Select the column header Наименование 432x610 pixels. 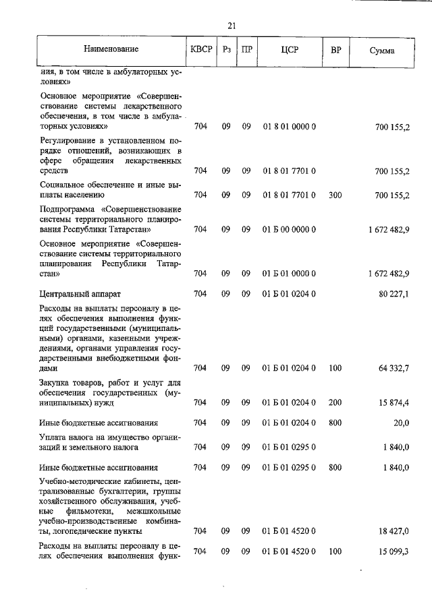point(111,50)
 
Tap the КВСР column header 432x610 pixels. point(201,50)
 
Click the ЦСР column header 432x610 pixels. point(290,50)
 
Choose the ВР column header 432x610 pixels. point(335,50)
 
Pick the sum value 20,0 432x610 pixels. point(401,423)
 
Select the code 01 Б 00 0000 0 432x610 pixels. point(290,229)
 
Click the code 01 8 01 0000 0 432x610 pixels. point(290,127)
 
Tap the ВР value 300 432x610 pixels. point(335,195)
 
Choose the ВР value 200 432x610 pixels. point(335,402)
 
